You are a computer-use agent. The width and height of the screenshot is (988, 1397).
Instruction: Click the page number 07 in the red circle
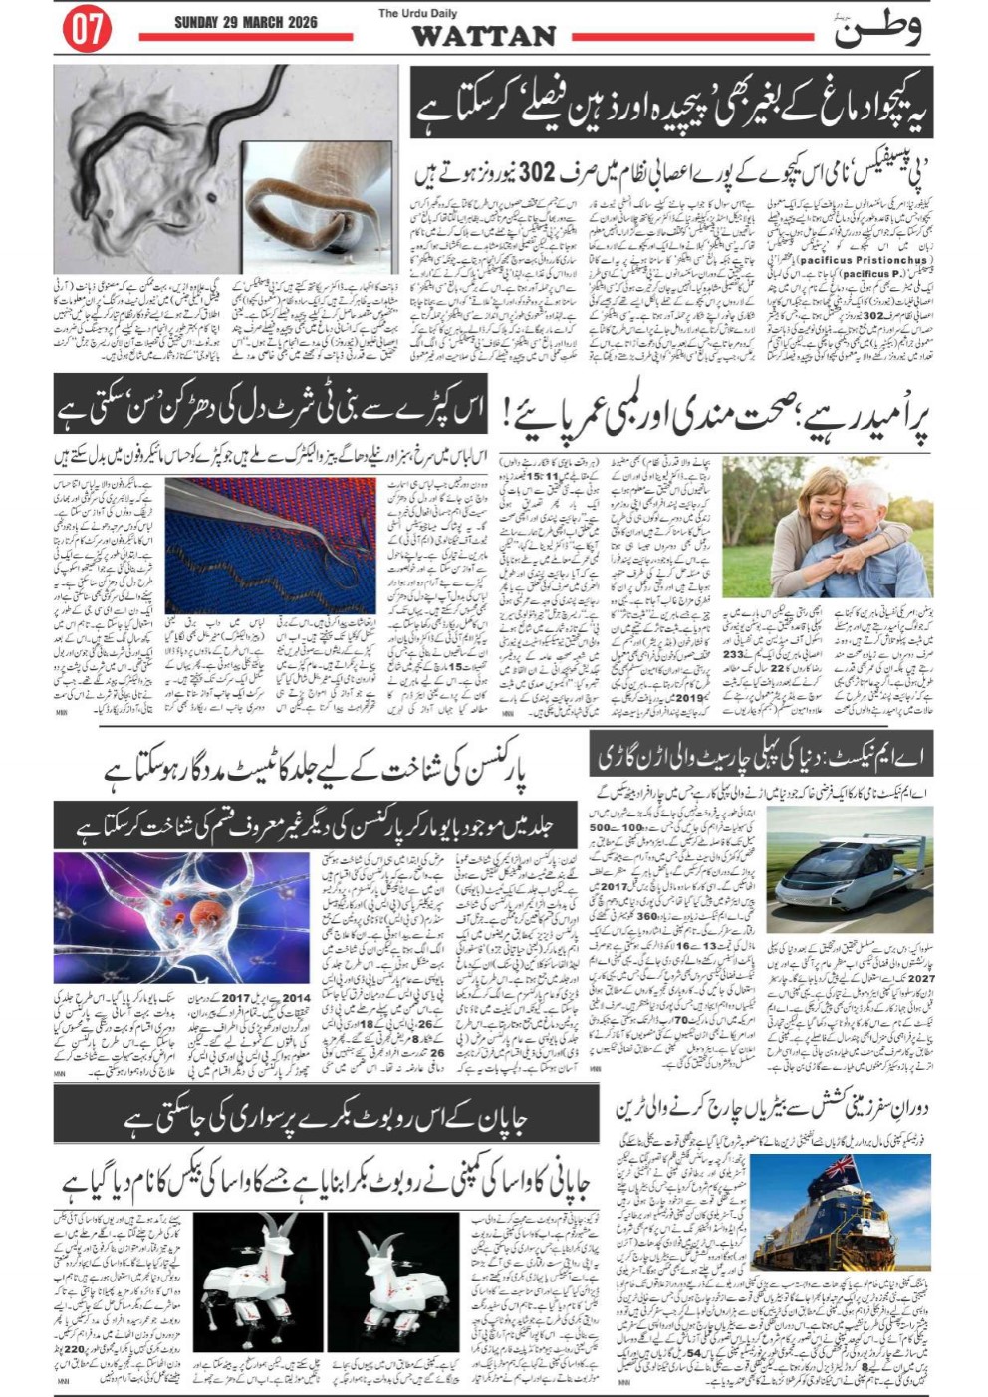[87, 30]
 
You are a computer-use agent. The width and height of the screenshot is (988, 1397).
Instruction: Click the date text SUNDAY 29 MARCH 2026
[245, 22]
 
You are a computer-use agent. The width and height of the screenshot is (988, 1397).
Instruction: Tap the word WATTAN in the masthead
[483, 36]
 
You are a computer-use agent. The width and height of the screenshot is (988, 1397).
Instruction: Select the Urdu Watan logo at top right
[876, 28]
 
